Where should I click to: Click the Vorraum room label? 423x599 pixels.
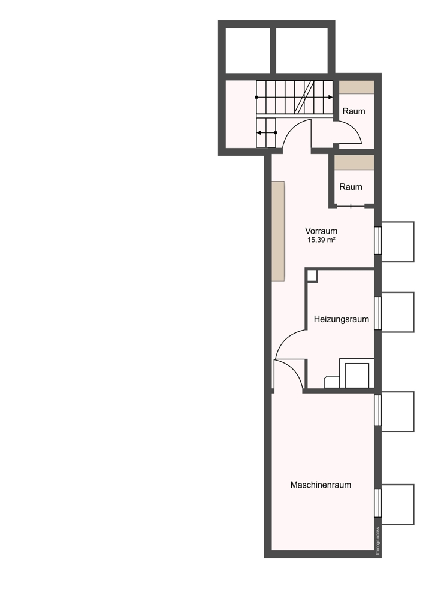point(321,231)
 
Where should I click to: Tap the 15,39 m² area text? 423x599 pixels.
point(321,240)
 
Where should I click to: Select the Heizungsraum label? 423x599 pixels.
point(342,319)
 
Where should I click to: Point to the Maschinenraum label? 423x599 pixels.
point(321,485)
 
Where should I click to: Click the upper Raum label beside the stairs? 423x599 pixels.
point(353,111)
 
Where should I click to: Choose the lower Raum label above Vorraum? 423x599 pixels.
point(351,187)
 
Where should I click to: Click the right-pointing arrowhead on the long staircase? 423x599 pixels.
point(330,98)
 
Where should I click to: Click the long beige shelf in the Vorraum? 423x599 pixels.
point(278,231)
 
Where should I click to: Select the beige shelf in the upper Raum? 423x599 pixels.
point(356,87)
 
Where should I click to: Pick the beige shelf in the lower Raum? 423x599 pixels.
point(354,162)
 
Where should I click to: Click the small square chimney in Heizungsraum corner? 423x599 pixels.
point(312,276)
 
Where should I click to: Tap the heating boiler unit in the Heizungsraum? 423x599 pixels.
point(356,373)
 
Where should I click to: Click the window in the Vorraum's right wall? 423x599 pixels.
point(377,240)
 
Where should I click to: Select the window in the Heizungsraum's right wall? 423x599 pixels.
point(377,313)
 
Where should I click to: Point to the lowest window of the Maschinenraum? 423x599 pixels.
point(377,503)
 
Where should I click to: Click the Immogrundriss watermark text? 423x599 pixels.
point(378,541)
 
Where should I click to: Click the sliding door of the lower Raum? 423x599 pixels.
point(351,206)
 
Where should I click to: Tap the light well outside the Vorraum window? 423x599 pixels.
point(398,242)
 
